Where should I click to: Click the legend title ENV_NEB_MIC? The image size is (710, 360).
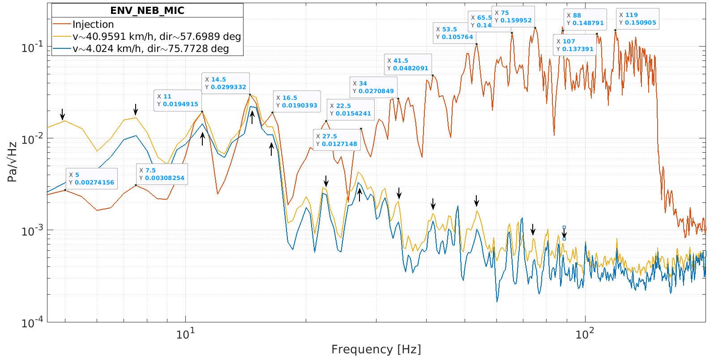[147, 11]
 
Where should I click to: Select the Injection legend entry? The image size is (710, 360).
[93, 24]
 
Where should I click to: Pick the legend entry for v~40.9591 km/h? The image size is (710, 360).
[157, 36]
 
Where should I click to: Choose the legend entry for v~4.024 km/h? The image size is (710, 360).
[150, 48]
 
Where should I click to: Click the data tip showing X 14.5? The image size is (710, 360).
[226, 83]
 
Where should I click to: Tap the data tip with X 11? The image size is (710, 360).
[177, 100]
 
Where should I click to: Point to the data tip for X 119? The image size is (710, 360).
[637, 19]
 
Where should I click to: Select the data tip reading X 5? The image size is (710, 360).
[92, 179]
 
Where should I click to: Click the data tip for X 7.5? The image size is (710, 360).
[162, 174]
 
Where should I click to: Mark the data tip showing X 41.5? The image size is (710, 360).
[408, 64]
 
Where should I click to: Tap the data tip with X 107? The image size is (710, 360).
[575, 45]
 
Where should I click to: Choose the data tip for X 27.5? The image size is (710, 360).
[337, 140]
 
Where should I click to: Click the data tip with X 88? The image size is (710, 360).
[585, 19]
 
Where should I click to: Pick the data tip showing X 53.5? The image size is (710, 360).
[454, 33]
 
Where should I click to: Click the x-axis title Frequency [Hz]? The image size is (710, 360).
[376, 349]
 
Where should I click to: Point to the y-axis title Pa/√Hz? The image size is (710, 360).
[12, 162]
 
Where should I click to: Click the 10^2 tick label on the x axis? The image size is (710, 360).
[585, 334]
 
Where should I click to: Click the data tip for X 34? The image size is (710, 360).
[373, 87]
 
